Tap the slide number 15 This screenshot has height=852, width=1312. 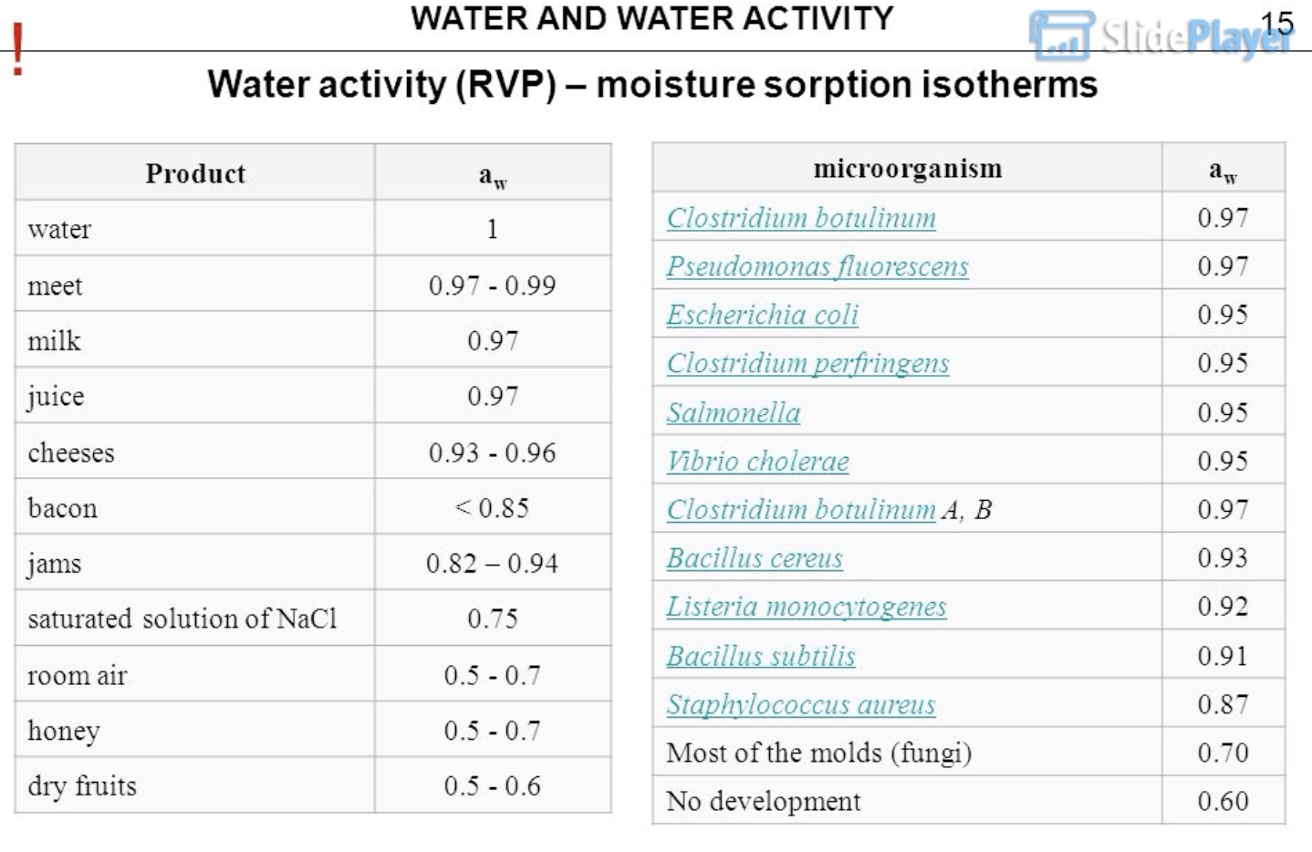coord(1276,23)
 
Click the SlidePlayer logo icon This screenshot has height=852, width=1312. coord(1061,36)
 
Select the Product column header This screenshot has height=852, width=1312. coord(195,173)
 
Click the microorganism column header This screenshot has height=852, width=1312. coord(907,169)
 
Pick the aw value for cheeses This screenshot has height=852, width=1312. coord(492,452)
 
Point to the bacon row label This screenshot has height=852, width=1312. coord(62,508)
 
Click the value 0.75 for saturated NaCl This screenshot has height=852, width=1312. coord(492,618)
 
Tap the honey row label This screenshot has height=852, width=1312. coord(64,731)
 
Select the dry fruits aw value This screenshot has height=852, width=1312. coord(492,786)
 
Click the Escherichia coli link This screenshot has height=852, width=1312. coord(762,315)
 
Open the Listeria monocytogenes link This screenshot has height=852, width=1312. coord(806,607)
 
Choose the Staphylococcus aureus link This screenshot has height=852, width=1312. coord(800,704)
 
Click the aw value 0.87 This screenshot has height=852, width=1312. coord(1223,704)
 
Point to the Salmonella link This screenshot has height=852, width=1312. coord(733,412)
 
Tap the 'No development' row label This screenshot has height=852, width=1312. coord(763,801)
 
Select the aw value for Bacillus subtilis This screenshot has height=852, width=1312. coord(1223,656)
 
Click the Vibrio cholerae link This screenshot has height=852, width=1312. coord(757,461)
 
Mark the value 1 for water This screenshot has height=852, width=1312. coord(492,229)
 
